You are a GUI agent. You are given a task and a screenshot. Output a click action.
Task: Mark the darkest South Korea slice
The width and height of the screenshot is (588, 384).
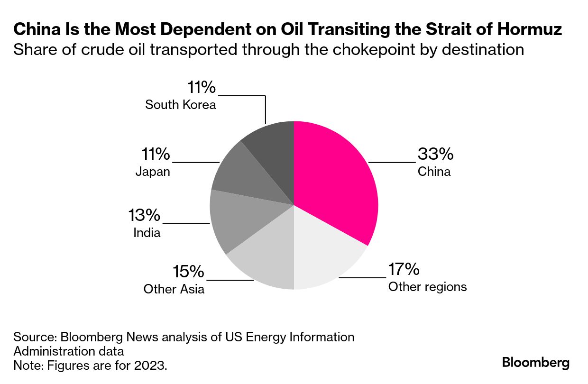coord(273,147)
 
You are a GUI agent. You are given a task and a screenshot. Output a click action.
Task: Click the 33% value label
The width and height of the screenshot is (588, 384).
coord(435,154)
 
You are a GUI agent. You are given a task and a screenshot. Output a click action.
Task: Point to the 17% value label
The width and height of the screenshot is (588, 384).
coord(404,269)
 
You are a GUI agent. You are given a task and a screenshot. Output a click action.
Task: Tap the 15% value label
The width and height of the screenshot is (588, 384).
coord(188,272)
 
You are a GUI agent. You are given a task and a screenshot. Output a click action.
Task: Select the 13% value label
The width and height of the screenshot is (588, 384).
coord(144,216)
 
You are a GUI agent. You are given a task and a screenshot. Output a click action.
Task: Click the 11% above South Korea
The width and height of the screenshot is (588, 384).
coord(202,88)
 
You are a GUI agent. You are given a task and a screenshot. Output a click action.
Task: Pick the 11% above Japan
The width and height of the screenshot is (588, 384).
coord(155,154)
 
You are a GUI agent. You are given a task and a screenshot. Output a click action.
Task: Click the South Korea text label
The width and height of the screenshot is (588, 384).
coord(181,104)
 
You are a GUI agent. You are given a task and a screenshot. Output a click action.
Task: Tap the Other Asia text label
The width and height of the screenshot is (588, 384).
coord(174,289)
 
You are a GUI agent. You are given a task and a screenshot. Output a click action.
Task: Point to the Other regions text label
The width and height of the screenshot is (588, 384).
coord(427,287)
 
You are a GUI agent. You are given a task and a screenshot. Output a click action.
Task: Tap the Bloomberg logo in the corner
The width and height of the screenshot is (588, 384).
coord(536,363)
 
